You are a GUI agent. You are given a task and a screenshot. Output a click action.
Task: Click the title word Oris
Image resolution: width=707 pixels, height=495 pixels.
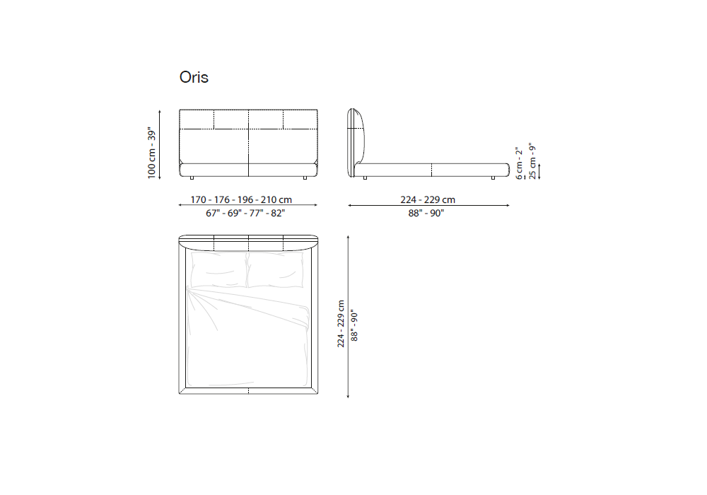pos(194,77)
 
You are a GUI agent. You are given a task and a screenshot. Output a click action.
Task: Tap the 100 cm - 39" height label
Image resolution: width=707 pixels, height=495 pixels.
pos(151,153)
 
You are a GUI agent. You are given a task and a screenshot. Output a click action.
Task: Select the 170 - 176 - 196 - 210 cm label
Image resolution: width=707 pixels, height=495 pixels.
pos(241,199)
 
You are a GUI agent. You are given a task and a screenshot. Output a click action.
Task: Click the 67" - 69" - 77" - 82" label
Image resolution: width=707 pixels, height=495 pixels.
pos(245,213)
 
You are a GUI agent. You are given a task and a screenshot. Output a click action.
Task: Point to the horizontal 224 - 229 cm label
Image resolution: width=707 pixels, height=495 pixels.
pos(428,199)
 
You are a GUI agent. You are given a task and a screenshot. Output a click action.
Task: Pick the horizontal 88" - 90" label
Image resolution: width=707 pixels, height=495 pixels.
pos(426,213)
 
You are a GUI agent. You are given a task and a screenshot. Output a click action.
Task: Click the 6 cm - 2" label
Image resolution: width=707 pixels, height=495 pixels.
pos(519,163)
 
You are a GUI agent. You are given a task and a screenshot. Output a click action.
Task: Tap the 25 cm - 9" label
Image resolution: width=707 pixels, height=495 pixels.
pos(532,161)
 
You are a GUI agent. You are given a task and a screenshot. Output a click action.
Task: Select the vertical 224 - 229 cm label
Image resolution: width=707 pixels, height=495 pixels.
pos(341,324)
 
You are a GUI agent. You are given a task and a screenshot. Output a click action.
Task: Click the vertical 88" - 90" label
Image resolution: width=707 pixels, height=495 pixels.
pos(354,325)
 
